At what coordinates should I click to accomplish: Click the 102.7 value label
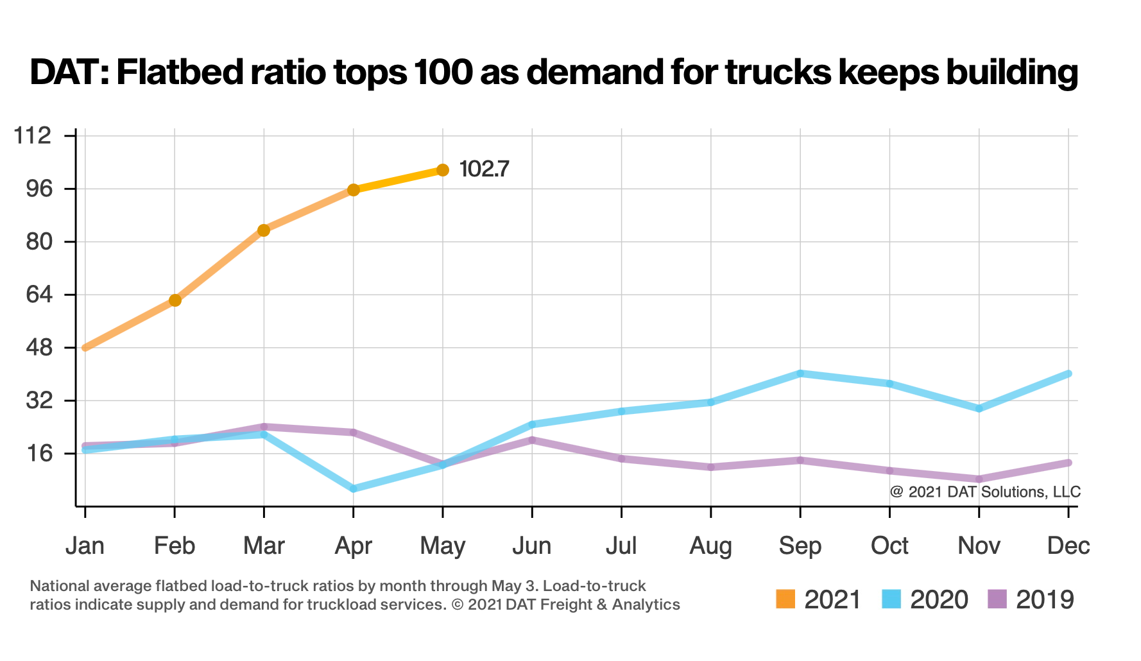(485, 169)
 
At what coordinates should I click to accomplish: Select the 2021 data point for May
(443, 170)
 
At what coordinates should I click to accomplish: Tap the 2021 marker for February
(175, 300)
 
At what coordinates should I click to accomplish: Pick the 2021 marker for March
(264, 230)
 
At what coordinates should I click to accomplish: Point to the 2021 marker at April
(354, 190)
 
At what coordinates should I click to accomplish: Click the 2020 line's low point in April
(354, 489)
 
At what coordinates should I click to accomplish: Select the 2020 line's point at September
(800, 373)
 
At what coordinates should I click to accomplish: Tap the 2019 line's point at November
(979, 479)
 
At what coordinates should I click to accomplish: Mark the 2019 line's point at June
(532, 440)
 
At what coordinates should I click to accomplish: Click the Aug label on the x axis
(710, 546)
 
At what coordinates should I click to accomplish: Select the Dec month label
(1068, 546)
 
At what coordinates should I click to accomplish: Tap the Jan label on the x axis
(85, 546)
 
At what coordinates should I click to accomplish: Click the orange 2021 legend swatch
(785, 599)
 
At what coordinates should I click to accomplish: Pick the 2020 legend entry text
(939, 599)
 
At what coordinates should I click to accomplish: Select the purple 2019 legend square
(998, 599)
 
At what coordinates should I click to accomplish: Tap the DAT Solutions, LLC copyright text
(985, 492)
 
